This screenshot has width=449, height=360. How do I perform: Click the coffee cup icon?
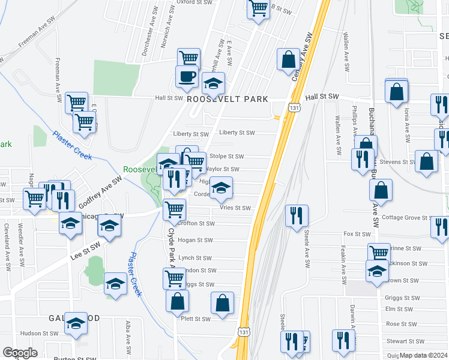pyautogui.click(x=186, y=76)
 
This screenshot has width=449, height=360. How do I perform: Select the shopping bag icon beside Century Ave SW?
pyautogui.click(x=288, y=59)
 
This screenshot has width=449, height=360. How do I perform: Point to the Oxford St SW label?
pyautogui.click(x=195, y=2)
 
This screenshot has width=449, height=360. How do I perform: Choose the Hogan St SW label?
pyautogui.click(x=196, y=240)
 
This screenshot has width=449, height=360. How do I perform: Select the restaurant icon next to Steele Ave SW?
pyautogui.click(x=297, y=215)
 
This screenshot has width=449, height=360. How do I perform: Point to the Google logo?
pyautogui.click(x=20, y=353)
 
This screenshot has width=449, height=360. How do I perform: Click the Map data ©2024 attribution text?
pyautogui.click(x=424, y=355)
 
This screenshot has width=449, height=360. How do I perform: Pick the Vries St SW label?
pyautogui.click(x=235, y=208)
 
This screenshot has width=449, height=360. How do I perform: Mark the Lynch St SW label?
pyautogui.click(x=195, y=257)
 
